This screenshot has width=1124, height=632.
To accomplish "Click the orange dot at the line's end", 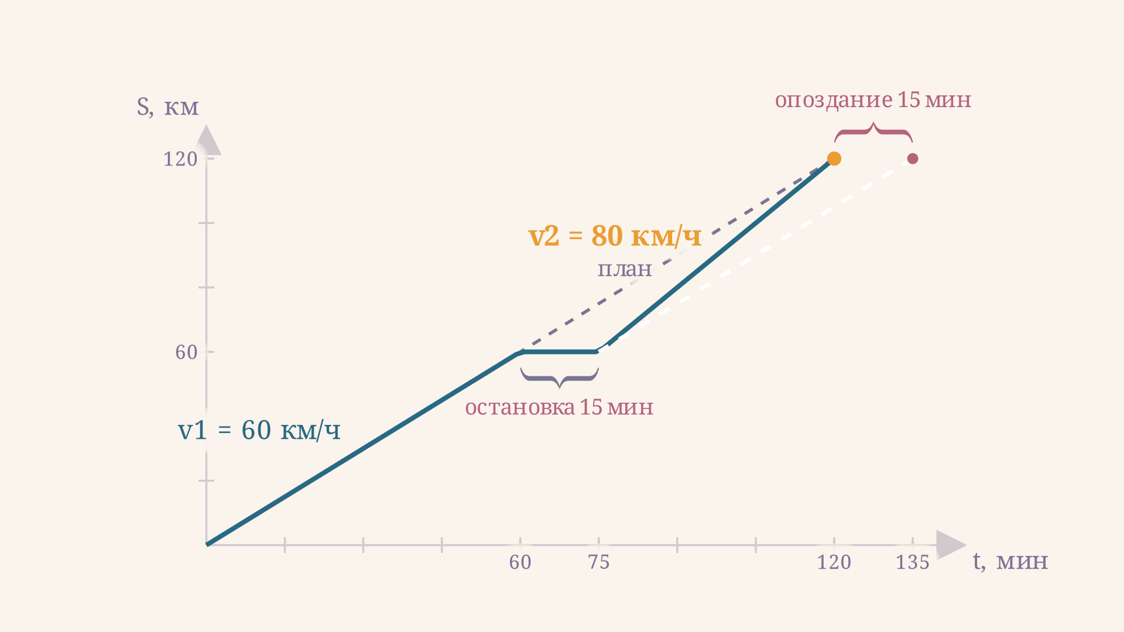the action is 834,159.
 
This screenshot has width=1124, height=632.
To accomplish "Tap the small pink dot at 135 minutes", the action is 913,159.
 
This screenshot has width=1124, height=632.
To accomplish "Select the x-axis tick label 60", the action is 520,562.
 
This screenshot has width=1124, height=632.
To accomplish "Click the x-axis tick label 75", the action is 599,562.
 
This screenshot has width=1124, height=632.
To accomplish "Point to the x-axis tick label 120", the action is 834,562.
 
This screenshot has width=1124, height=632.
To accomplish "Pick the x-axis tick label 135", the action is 913,562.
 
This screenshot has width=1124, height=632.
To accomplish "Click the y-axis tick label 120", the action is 180,159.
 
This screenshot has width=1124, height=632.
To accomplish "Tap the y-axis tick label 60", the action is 187,352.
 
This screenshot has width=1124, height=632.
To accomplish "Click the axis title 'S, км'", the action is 167,107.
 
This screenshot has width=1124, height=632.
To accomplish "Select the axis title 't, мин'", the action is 1010,561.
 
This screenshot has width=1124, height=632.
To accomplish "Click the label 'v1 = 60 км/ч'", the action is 259,431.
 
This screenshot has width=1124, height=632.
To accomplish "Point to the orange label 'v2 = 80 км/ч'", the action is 615,236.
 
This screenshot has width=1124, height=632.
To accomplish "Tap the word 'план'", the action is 625,269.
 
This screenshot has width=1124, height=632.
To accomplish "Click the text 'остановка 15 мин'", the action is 559,407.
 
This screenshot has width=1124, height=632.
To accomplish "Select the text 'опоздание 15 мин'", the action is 873,100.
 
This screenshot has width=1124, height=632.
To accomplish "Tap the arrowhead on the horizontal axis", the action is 951,545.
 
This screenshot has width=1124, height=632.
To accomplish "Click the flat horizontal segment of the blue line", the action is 560,352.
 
